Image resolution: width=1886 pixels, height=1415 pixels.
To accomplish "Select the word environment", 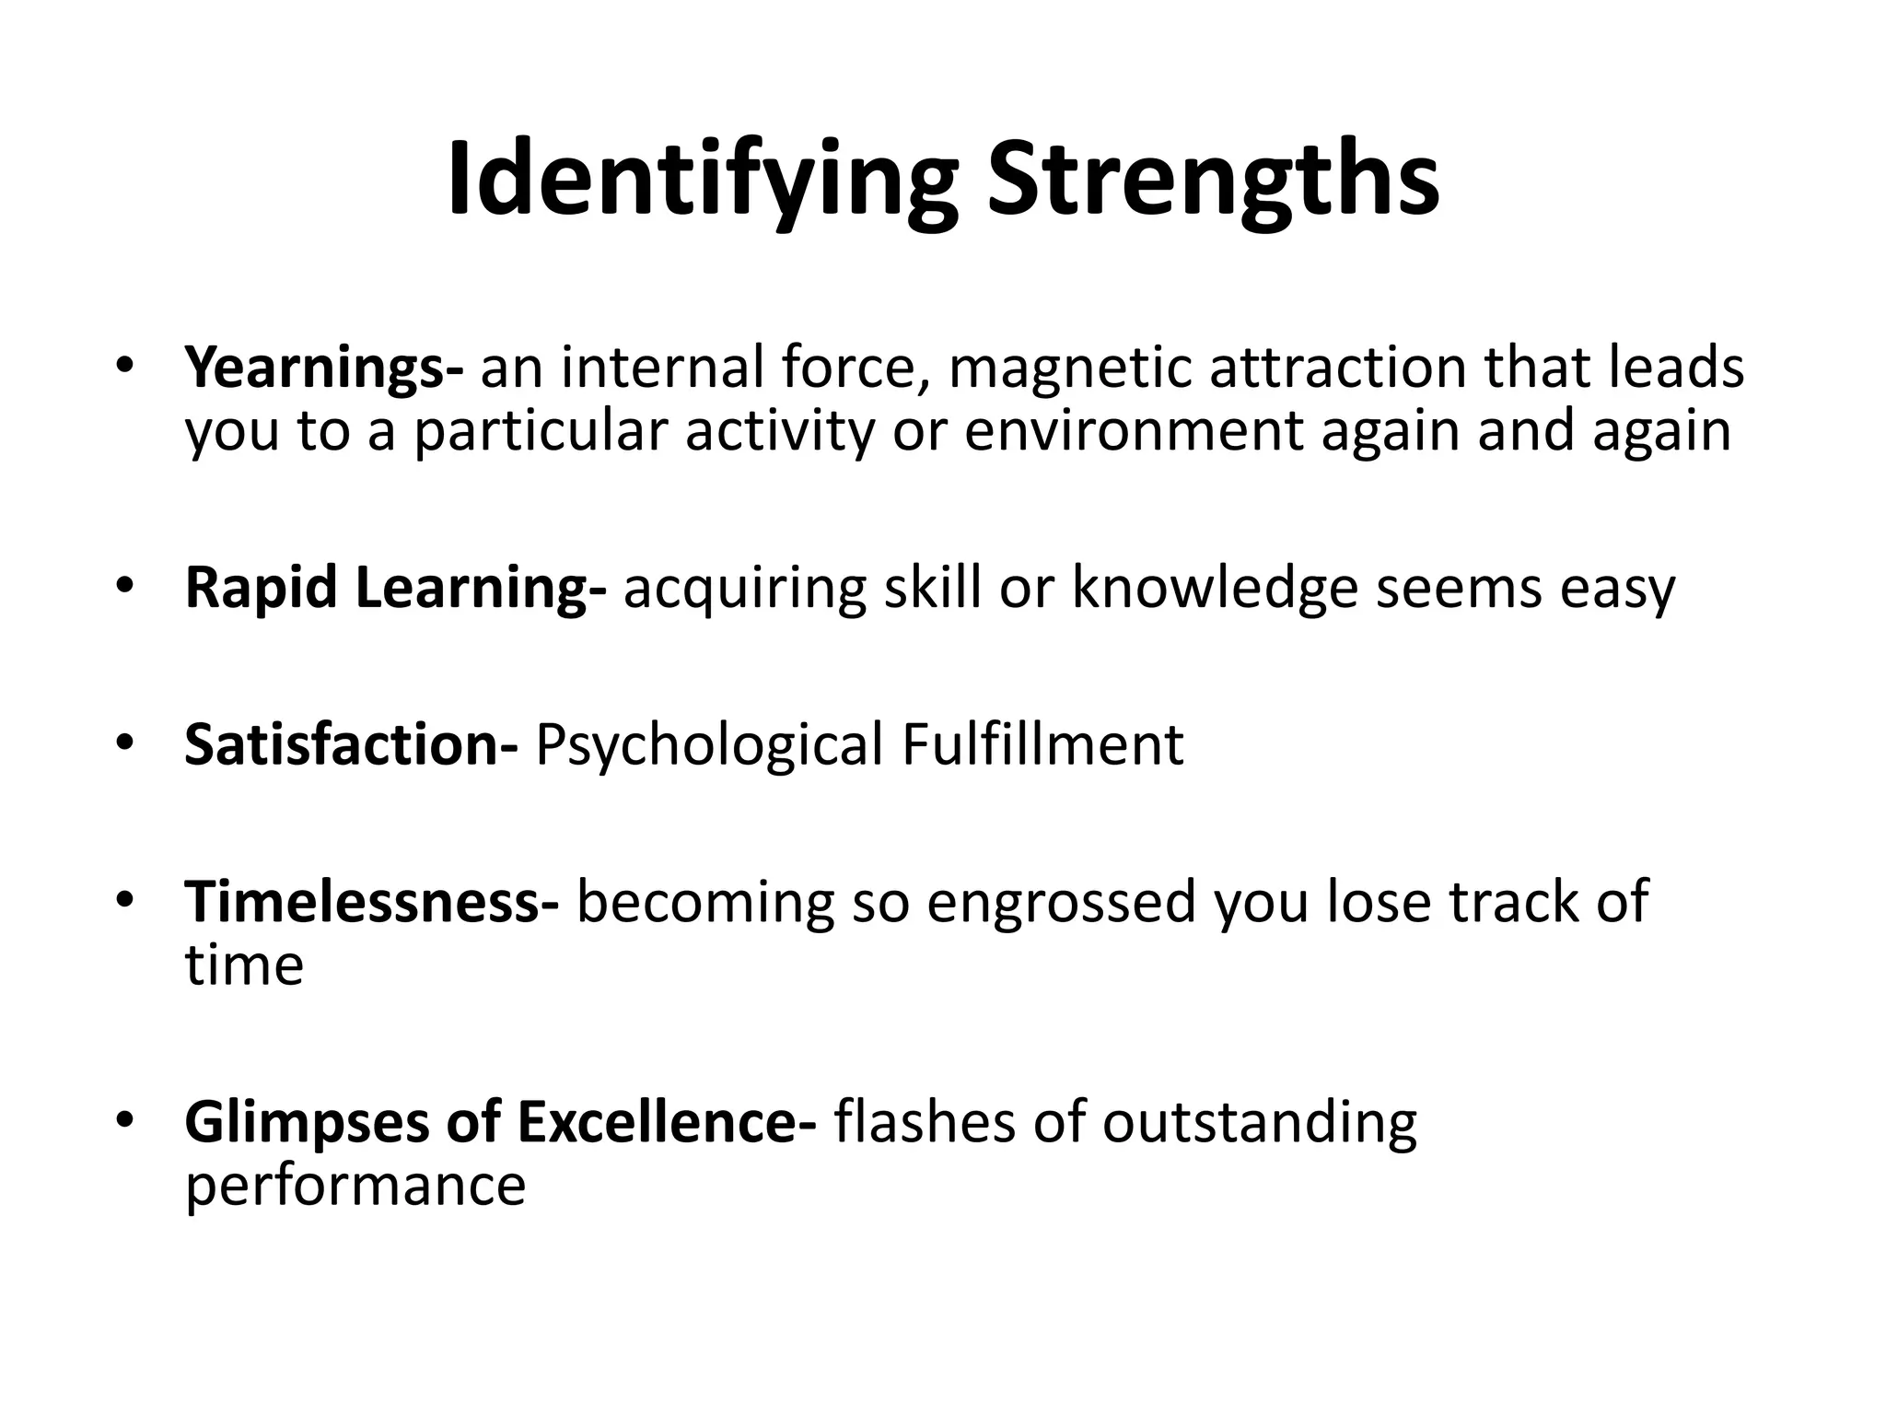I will pyautogui.click(x=1134, y=430).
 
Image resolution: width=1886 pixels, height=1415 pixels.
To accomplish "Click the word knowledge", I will pyautogui.click(x=1215, y=588).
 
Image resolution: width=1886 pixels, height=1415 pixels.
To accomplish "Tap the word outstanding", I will pyautogui.click(x=1259, y=1122).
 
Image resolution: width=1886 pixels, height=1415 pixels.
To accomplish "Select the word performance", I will pyautogui.click(x=355, y=1185).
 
